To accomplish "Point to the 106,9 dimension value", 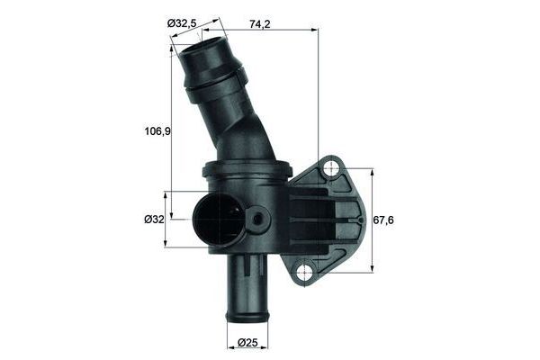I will click(x=158, y=130).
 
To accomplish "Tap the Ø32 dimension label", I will click(x=154, y=219).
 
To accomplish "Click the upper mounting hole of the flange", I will click(x=332, y=167).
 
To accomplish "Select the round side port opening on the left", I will click(x=216, y=220).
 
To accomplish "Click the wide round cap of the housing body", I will click(x=247, y=167).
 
